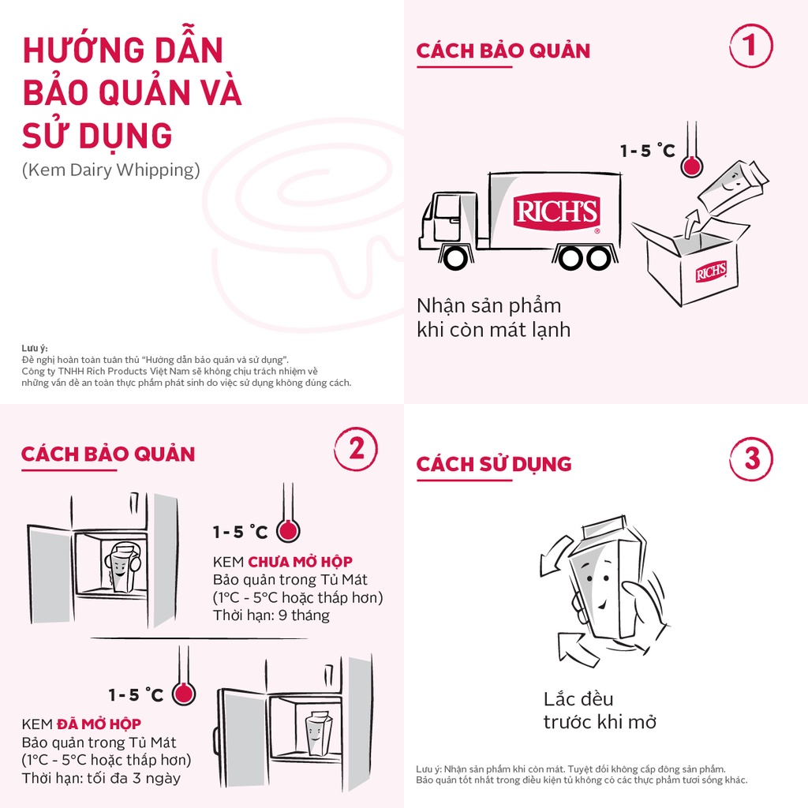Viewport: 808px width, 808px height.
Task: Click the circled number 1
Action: point(750,46)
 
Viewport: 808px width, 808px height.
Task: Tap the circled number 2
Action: point(356,449)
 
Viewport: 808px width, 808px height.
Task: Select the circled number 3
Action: point(751,458)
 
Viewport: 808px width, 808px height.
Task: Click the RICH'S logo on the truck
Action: point(557,211)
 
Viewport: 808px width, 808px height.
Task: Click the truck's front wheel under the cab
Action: point(454,256)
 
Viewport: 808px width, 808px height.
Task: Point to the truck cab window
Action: point(448,208)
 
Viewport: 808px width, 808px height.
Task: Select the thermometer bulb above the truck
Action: point(692,166)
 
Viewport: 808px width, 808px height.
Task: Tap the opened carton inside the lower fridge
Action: point(319,732)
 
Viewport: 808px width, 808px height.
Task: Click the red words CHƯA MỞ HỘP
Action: point(300,563)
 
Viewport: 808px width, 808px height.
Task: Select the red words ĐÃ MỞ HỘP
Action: point(99,724)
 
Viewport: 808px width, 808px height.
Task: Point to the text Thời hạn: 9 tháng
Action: point(271,615)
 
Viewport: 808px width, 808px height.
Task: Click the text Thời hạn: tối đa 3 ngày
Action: point(101,778)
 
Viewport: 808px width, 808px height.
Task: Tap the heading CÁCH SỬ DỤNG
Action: point(494,464)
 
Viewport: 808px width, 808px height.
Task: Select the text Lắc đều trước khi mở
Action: point(600,710)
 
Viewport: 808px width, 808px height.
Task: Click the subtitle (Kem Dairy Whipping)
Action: point(111,170)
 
